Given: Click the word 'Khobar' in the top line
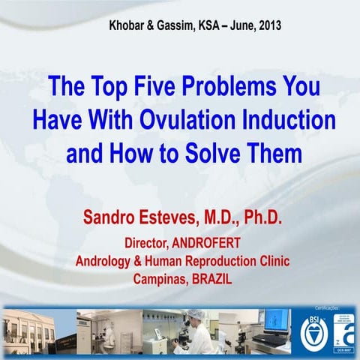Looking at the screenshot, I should (x=127, y=24).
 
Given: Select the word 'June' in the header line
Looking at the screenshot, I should (x=232, y=24).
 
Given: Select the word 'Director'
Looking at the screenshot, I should (x=148, y=244).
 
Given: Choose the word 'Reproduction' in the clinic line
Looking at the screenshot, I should (x=225, y=262).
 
